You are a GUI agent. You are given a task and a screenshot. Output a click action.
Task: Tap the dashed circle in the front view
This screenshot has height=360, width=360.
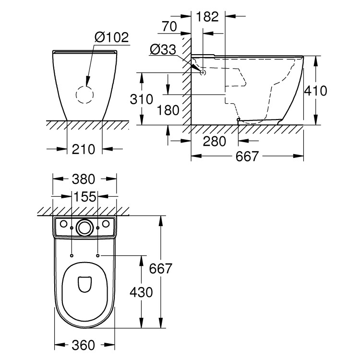[x=86, y=95]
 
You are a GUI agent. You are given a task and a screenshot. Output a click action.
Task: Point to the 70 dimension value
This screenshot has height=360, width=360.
[x=169, y=27]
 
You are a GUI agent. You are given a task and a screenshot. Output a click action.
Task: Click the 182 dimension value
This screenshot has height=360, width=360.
[x=207, y=17]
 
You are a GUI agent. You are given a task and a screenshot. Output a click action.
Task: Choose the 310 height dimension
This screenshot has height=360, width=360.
[x=142, y=100]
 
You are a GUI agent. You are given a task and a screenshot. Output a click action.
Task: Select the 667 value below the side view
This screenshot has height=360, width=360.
[x=247, y=156]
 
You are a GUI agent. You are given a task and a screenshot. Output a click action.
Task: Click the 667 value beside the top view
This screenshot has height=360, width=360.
[x=160, y=269]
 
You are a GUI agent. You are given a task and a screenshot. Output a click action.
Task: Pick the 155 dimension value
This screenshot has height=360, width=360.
[x=84, y=196]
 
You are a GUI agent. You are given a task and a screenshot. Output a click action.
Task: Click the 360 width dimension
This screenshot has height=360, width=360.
[x=84, y=345]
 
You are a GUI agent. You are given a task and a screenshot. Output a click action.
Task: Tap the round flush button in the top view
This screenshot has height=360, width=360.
[x=84, y=227]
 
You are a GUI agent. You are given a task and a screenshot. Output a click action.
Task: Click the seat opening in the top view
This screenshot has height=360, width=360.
[x=84, y=283]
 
